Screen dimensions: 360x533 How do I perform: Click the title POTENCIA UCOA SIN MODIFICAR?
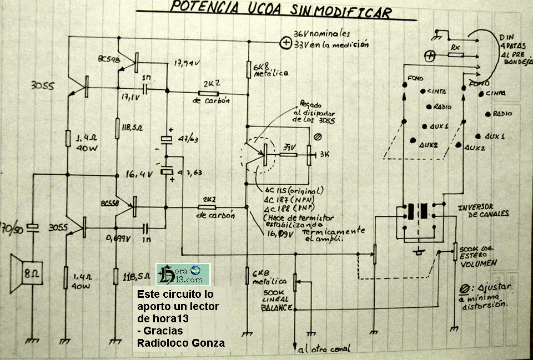click(x=280, y=10)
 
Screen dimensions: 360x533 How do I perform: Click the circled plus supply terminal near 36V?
click(x=286, y=42)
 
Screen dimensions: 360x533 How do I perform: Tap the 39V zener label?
click(x=289, y=149)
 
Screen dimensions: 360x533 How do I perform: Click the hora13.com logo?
click(x=183, y=274)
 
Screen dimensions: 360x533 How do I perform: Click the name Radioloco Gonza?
click(x=181, y=343)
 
